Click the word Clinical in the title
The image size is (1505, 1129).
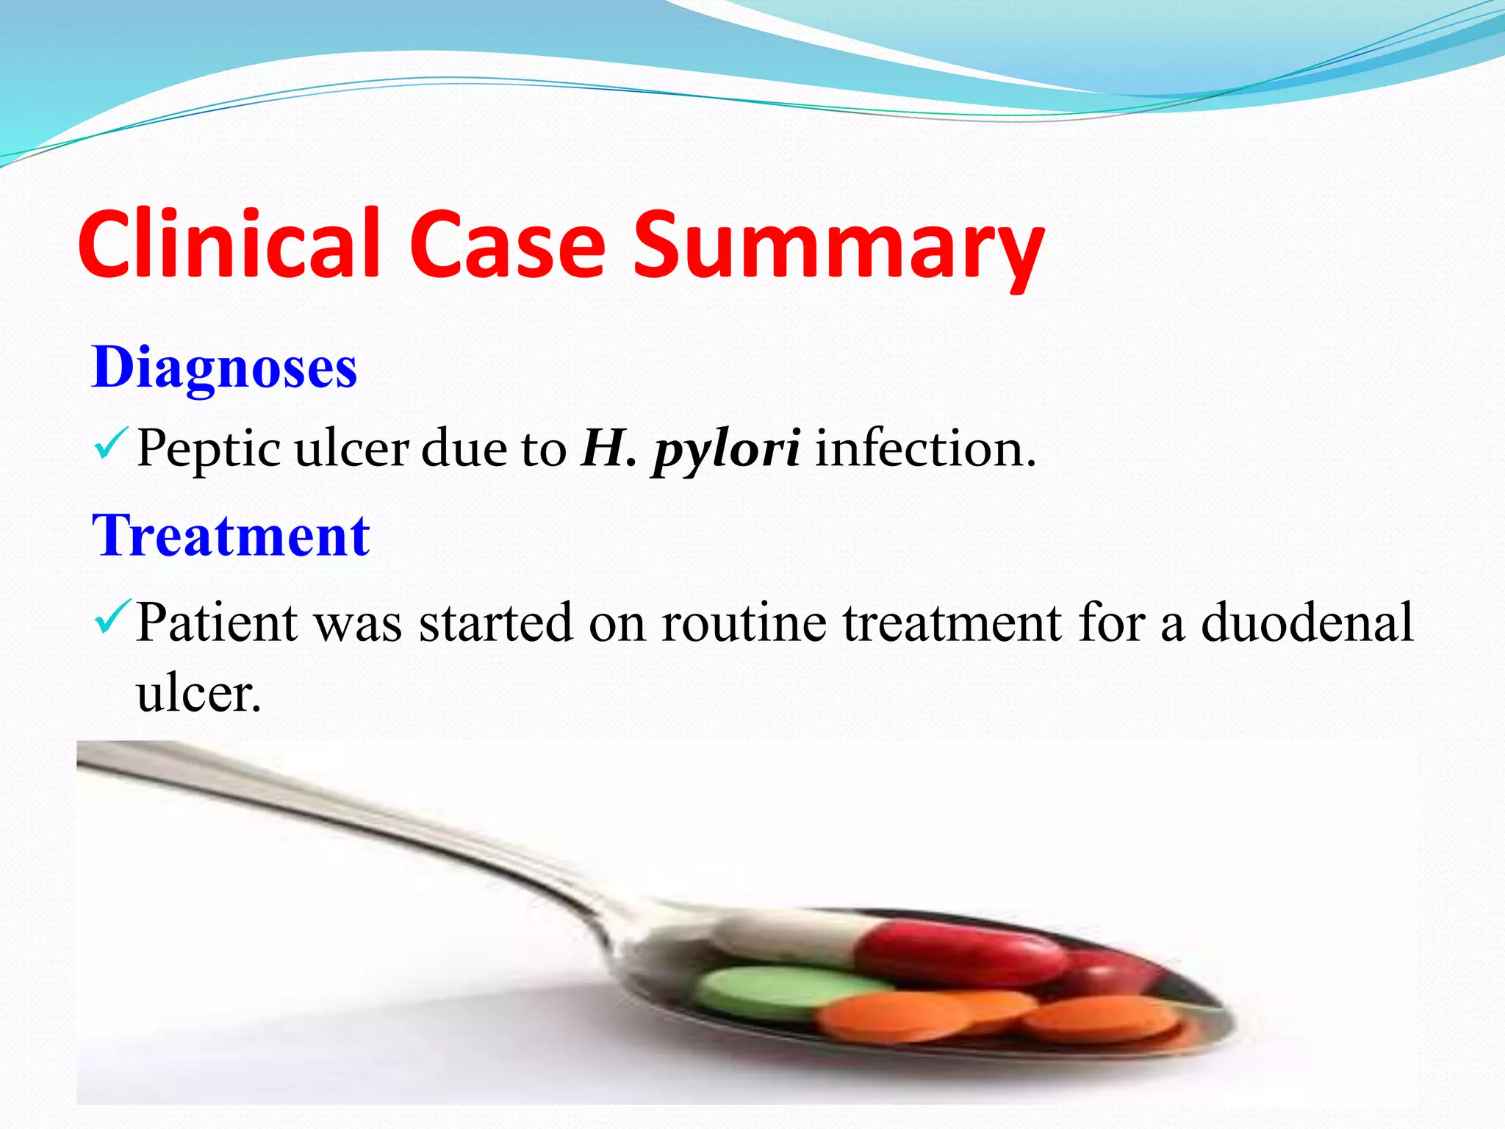(x=228, y=244)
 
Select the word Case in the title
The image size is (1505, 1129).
(x=507, y=244)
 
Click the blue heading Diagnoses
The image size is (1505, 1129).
(x=224, y=368)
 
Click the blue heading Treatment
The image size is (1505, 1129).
(x=231, y=536)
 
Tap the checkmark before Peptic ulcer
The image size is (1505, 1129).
(x=111, y=444)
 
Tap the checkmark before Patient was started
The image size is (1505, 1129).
(x=112, y=617)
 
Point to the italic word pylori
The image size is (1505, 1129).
(x=726, y=450)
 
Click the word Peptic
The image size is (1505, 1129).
(x=208, y=448)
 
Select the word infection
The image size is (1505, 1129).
(x=924, y=448)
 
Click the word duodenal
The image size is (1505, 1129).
(x=1307, y=623)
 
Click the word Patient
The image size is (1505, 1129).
(x=217, y=623)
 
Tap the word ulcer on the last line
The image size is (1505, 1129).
(x=198, y=693)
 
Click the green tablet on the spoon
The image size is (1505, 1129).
(x=764, y=992)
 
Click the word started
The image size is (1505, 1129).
(x=495, y=623)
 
